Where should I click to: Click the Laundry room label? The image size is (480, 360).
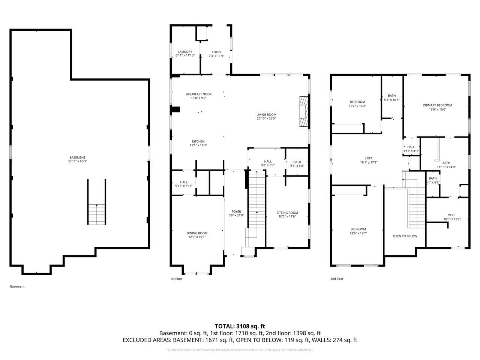[x=185, y=52]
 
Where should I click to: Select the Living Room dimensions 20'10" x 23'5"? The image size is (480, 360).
[x=266, y=118]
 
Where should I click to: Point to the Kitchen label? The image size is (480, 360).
[x=198, y=141]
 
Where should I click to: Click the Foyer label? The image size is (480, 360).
[x=236, y=211]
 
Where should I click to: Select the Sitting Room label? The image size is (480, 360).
[x=287, y=213]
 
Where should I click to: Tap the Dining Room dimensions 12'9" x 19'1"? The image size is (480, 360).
[x=197, y=237]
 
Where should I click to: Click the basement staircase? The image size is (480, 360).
[x=97, y=214]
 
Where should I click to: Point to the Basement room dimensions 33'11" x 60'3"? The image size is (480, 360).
[x=77, y=161]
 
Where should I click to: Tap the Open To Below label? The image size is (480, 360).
[x=405, y=236]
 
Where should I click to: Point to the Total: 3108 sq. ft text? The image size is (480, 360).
[x=240, y=326]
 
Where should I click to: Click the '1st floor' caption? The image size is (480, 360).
[x=176, y=279]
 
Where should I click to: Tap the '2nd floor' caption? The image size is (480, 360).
[x=337, y=279]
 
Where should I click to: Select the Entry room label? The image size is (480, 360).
[x=216, y=52]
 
